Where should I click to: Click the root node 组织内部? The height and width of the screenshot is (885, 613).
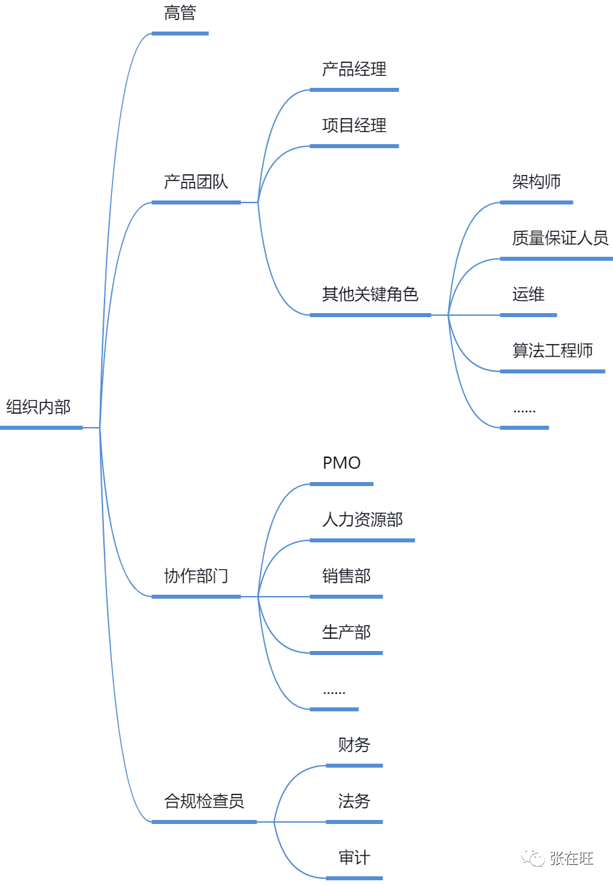38,407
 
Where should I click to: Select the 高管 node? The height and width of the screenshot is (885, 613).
180,13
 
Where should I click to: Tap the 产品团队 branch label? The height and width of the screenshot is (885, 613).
196,182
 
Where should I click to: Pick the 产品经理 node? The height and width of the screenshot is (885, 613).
354,69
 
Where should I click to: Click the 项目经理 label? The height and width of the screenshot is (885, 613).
354,125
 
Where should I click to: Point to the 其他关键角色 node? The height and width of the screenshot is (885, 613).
370,294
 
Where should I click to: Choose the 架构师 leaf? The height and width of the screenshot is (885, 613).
536,182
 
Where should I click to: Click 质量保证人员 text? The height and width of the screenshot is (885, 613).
559,238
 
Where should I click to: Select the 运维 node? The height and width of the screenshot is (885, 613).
528,294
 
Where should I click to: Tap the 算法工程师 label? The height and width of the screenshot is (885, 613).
552,351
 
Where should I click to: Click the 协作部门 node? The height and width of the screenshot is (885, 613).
196,576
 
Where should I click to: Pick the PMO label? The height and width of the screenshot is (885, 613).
342,463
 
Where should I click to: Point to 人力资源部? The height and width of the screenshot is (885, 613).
362,520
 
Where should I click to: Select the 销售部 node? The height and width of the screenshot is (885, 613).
346,576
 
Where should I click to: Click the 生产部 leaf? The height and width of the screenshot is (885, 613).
346,632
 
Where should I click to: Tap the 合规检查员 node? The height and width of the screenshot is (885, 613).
204,801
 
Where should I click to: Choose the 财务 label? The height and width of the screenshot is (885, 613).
354,745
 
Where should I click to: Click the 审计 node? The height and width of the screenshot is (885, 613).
354,858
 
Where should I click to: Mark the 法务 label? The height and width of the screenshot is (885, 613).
354,801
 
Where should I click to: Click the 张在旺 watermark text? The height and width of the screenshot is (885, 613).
571,858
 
